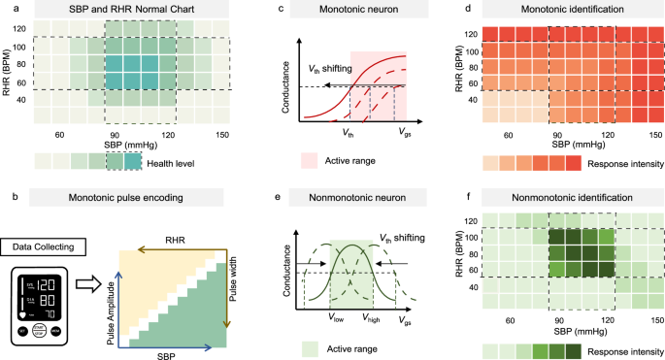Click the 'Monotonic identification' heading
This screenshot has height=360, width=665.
[x=557, y=9]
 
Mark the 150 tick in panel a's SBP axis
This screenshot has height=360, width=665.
[x=222, y=134]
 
